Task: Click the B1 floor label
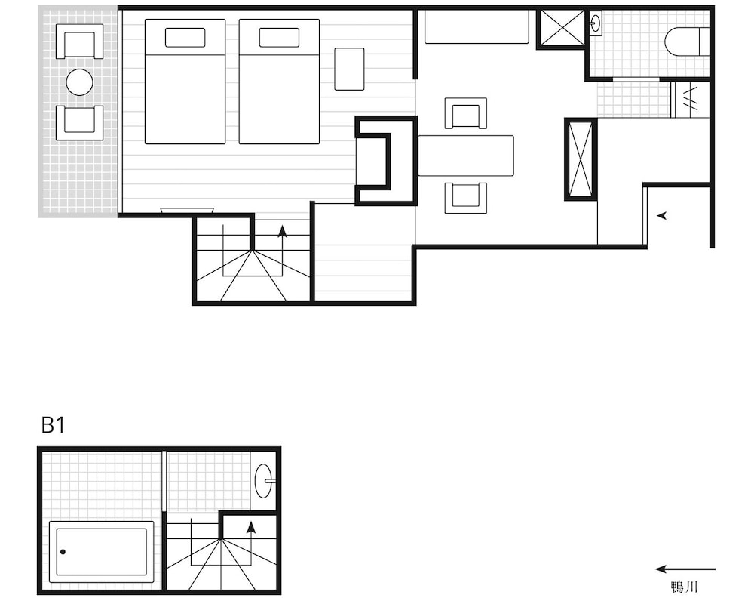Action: [53, 425]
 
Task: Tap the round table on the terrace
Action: [79, 82]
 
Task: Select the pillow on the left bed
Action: [185, 38]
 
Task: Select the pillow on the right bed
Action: [279, 38]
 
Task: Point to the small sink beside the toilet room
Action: [596, 23]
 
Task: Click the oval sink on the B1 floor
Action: [264, 480]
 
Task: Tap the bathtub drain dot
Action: [63, 552]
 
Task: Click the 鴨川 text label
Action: [684, 587]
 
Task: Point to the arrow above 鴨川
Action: [685, 569]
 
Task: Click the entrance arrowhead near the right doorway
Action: [662, 216]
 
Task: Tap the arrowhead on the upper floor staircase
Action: [282, 232]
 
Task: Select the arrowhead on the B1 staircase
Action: [250, 528]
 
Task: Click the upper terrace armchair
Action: [79, 42]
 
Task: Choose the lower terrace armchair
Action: [79, 122]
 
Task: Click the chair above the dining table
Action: [465, 113]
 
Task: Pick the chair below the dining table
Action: [465, 197]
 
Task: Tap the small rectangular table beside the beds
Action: [349, 69]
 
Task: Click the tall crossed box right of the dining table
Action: [581, 159]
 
